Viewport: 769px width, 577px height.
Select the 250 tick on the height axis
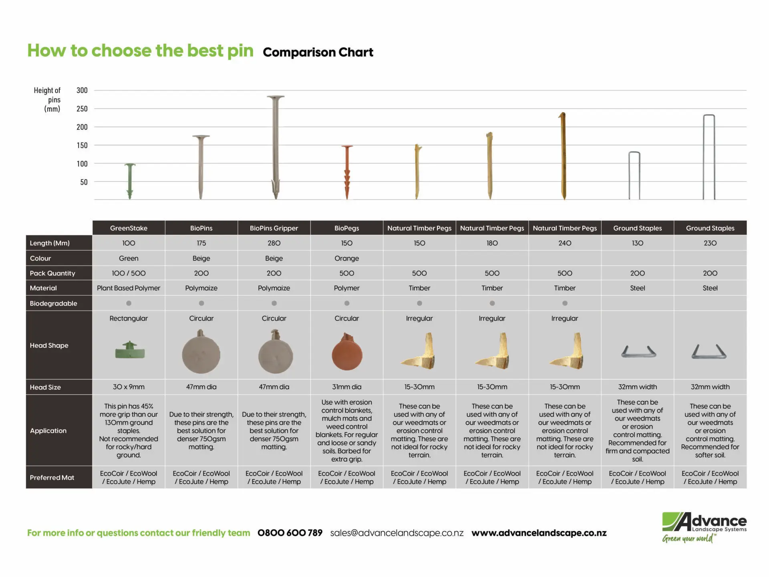coord(82,109)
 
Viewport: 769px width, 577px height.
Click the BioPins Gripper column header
coord(274,228)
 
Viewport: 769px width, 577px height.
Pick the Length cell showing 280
coord(274,243)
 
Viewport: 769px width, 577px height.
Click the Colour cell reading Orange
coord(347,258)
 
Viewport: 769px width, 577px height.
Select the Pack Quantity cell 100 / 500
coord(129,273)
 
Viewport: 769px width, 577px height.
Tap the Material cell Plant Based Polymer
coord(129,288)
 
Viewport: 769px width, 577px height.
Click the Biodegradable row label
coord(53,303)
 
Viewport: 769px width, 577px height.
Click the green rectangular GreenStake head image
coord(129,351)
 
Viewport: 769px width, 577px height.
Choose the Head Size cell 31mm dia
coord(347,387)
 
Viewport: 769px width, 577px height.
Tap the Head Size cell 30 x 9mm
coord(129,387)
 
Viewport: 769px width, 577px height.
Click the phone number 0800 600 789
coord(290,533)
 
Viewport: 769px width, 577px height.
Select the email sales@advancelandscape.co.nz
coord(397,533)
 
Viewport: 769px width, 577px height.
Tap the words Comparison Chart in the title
coord(318,52)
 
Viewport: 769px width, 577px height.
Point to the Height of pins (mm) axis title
coord(47,99)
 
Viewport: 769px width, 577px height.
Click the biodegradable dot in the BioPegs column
coord(347,303)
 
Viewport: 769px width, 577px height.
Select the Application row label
coord(48,431)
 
